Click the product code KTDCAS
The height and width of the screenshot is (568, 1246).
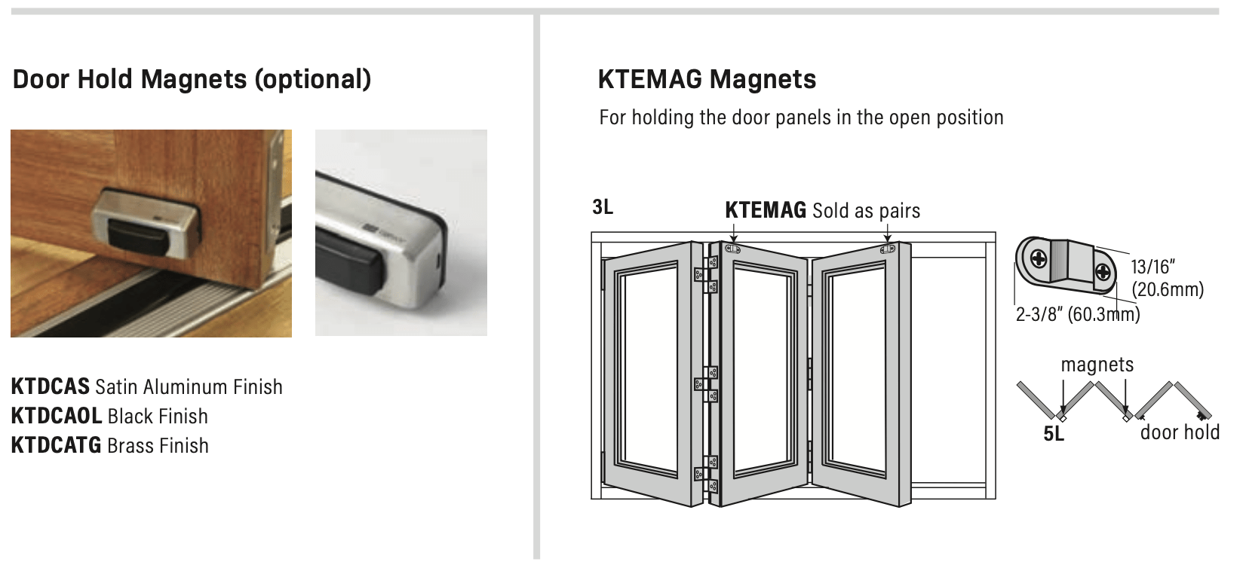coord(50,387)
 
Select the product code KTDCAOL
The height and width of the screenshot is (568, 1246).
coord(57,417)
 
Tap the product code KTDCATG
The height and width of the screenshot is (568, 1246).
coord(56,446)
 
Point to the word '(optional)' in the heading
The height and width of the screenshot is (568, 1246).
coord(312,79)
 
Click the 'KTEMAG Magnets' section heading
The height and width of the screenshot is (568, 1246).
coord(707,79)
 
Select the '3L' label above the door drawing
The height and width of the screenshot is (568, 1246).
coord(602,207)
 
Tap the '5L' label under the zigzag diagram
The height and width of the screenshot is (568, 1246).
coord(1054,435)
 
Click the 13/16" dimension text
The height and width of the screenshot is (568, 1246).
coord(1153,267)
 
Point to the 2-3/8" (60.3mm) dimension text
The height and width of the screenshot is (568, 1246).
coord(1077,315)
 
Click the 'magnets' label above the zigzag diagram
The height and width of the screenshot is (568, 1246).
coord(1097,365)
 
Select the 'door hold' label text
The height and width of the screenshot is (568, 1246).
coord(1180,432)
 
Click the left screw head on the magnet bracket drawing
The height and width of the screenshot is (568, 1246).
coord(1039,260)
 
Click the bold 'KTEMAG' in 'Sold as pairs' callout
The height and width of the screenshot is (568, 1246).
coord(766,210)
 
